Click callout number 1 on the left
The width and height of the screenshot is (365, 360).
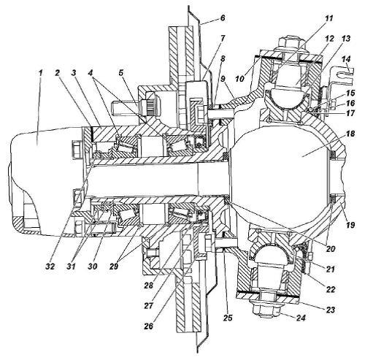pos(40,73)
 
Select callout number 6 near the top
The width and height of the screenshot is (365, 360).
pos(223,18)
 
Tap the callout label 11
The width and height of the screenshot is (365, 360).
pos(329,18)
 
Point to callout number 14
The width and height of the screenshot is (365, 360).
pos(346,59)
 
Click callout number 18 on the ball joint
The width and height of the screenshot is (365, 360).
pos(350,134)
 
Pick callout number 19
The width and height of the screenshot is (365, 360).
pos(350,224)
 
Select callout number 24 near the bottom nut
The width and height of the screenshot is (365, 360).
pos(301,318)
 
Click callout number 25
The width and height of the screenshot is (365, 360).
pos(227,318)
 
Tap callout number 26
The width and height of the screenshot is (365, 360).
pos(149,326)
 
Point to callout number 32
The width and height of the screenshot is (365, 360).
pos(50,266)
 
